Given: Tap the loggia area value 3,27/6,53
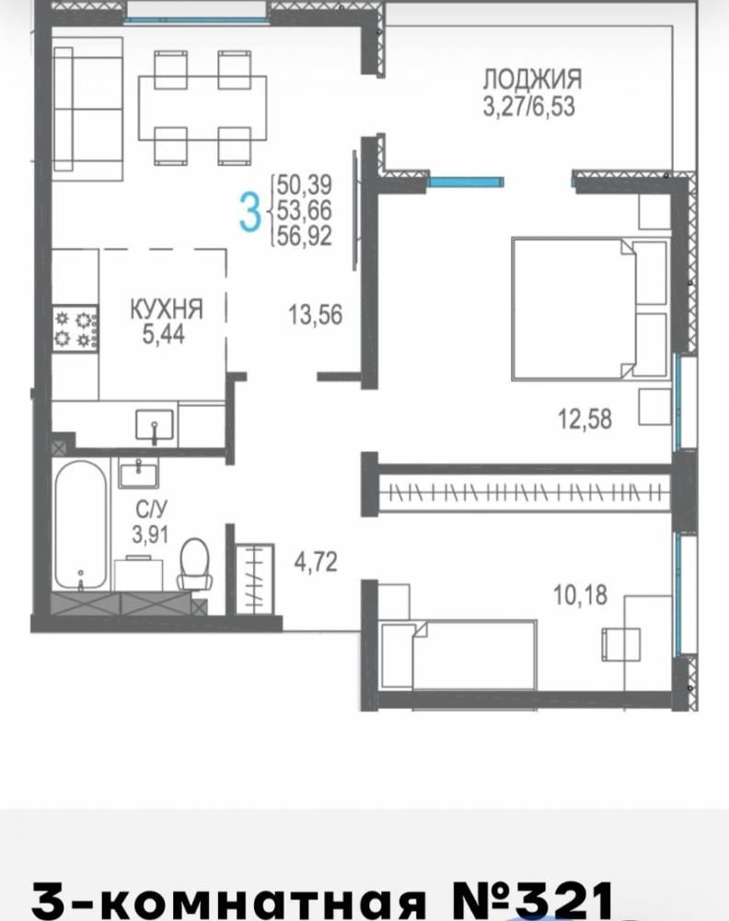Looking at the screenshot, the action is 529,108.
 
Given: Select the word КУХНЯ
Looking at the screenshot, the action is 167,309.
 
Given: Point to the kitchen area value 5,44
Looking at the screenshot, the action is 164,334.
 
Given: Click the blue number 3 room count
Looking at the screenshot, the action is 250,213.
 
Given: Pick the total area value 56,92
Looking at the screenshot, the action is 305,236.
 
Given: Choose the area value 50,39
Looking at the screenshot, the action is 305,185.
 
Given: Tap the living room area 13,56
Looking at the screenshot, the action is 315,315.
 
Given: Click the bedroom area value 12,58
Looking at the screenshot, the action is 584,419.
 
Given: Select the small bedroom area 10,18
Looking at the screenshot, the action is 580,595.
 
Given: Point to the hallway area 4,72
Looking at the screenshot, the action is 316,562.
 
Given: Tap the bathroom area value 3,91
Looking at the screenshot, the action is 150,534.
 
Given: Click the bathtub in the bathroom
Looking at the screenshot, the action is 81,525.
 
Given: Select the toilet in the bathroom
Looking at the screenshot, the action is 195,564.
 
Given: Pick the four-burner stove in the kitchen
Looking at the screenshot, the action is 75,329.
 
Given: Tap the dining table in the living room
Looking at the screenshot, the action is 202,108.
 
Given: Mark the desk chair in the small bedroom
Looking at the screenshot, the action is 620,645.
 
